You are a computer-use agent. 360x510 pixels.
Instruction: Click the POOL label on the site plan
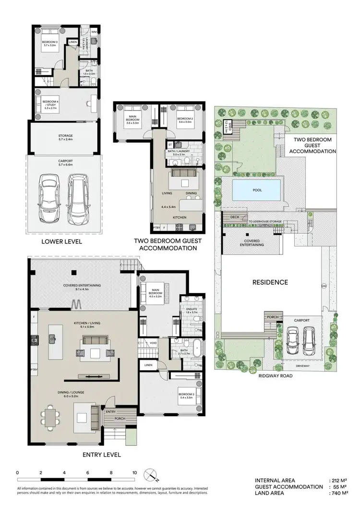[x=257, y=190]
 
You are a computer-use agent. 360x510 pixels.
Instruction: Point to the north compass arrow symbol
[x=152, y=474]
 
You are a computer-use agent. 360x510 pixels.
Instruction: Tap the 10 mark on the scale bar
[x=135, y=473]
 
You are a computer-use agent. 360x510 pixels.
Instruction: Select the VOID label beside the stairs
[x=153, y=343]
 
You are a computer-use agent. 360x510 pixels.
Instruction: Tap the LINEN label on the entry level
[x=148, y=365]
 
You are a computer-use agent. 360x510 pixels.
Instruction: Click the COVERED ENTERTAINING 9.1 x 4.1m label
[x=82, y=287]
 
